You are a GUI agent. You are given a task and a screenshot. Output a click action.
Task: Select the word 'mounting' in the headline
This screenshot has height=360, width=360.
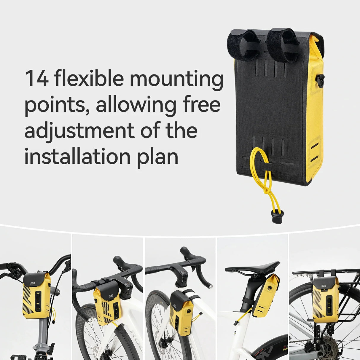coord(176,80)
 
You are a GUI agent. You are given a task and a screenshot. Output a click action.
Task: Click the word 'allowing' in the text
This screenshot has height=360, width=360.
coord(136,106)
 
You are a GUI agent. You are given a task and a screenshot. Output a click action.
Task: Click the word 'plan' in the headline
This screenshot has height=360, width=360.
coord(157,158)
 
